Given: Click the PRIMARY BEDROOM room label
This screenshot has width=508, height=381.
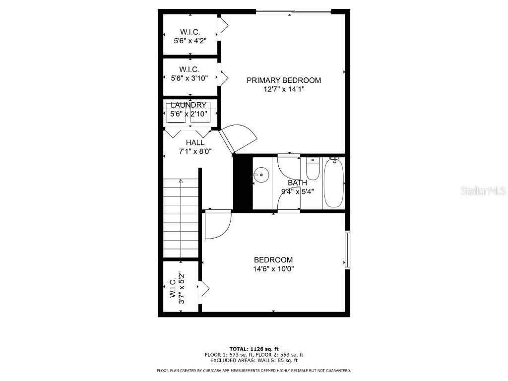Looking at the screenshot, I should (x=284, y=80).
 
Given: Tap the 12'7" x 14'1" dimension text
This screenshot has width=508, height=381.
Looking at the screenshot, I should (x=284, y=89).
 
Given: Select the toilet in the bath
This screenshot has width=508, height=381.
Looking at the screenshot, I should (x=313, y=169).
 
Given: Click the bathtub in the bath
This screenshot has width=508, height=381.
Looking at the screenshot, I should (x=334, y=183).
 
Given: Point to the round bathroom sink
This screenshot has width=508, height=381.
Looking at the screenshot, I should (x=261, y=175).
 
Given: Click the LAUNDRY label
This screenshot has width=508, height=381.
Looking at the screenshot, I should (x=189, y=105).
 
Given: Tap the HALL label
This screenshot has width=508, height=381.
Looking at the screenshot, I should (x=195, y=143).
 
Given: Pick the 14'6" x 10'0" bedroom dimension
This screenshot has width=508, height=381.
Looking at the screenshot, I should (x=273, y=269).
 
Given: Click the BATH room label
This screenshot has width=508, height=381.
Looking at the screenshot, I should (x=297, y=183).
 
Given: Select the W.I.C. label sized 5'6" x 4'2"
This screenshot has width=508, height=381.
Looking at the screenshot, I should (x=190, y=32).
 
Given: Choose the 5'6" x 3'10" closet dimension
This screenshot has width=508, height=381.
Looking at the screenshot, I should (x=189, y=78).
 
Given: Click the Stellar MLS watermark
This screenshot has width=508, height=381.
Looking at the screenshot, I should (x=483, y=190).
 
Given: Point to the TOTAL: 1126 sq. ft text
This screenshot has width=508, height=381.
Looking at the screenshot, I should (x=254, y=349).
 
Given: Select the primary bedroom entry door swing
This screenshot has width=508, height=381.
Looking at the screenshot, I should (x=238, y=137).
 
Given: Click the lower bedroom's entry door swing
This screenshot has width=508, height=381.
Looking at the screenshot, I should (x=217, y=224).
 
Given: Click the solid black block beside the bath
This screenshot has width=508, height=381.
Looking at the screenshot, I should (x=243, y=183).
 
